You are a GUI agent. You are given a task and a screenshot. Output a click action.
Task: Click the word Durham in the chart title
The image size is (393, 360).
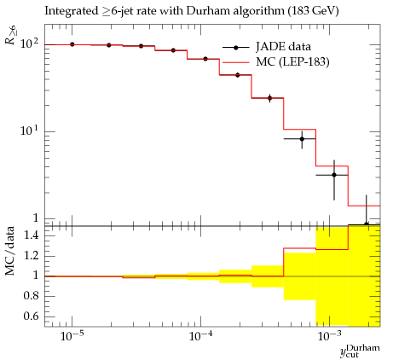pos(209,11)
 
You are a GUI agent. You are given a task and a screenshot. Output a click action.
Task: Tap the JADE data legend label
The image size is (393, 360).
pos(283,47)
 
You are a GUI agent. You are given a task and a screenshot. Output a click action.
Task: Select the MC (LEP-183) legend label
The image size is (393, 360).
pos(292,61)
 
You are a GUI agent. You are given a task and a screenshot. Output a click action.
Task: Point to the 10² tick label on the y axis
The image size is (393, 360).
pos(30,44)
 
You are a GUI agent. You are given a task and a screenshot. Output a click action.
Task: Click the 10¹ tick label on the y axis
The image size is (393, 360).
pos(30,131)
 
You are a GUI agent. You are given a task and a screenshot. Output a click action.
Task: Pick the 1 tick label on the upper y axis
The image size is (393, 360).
pos(36,218)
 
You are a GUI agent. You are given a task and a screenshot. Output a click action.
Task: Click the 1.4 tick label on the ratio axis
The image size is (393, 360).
pos(31,235)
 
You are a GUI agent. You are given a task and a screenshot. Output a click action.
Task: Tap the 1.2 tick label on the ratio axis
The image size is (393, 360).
pos(31,256)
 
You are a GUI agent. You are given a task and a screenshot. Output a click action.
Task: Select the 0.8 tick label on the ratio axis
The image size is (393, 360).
pos(31,296)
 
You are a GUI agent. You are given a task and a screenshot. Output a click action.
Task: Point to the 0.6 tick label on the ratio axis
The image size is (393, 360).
pos(31,316)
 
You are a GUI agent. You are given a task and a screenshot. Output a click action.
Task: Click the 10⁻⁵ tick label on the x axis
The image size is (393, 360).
pos(72,336)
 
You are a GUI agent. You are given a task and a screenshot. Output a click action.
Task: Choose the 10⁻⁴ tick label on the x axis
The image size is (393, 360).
pos(200,336)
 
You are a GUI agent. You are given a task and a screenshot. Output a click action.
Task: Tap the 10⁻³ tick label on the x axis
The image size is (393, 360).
pos(329,336)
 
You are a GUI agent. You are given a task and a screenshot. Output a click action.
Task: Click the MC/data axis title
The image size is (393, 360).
pos(10,251)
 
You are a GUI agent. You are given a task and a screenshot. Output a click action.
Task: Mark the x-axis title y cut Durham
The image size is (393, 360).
pos(360,351)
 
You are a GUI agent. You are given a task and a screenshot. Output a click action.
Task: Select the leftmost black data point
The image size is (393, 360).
pos(72,44)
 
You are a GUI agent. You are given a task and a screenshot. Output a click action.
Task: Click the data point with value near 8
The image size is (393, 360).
pos(302,139)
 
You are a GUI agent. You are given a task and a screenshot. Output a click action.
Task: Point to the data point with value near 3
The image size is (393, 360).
pos(334,175)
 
